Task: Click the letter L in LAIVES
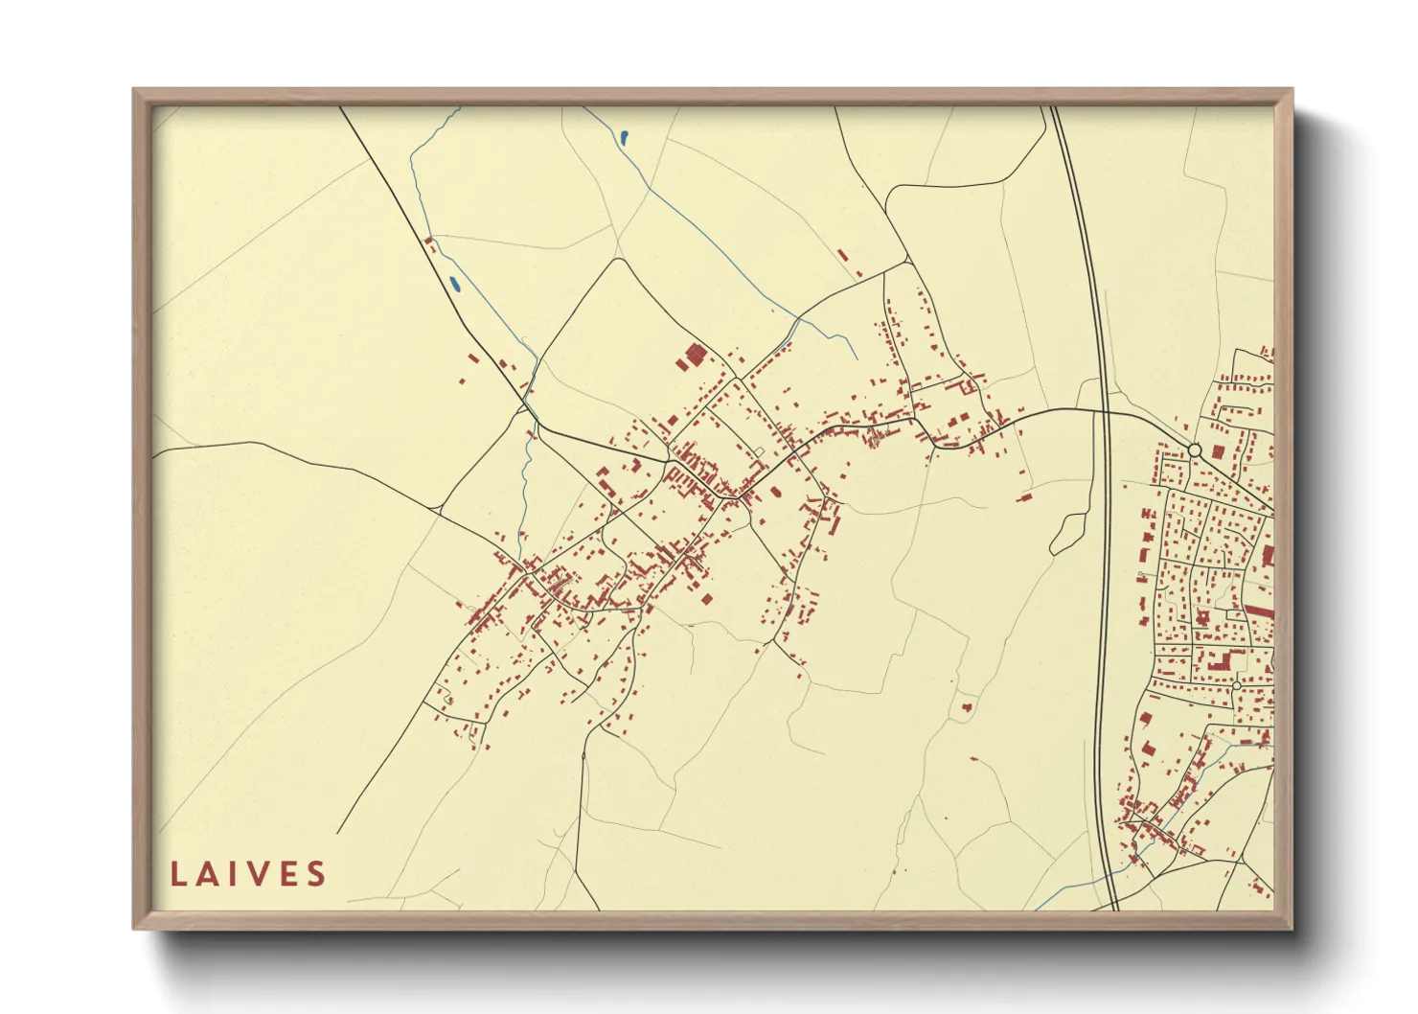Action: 178,874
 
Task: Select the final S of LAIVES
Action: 316,874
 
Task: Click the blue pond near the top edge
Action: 624,138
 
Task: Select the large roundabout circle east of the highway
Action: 1194,449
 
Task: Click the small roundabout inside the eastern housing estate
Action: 1236,686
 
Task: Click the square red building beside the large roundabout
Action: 1219,451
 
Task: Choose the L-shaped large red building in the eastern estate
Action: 1221,661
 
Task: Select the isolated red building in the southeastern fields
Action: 967,706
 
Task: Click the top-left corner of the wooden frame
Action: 135,91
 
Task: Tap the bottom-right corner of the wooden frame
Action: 1291,927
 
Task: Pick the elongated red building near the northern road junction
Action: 843,256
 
